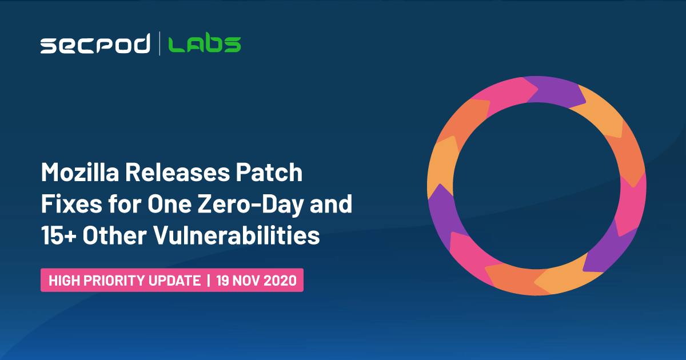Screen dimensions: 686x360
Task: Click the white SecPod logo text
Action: [95, 43]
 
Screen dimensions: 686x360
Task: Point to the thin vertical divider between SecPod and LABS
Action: [159, 43]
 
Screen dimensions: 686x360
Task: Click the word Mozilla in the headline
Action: [80, 173]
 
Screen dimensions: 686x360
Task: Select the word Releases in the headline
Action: [177, 173]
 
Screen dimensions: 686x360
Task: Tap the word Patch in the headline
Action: [269, 173]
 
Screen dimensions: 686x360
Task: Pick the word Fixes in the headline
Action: [71, 204]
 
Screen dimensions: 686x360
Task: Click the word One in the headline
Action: [170, 204]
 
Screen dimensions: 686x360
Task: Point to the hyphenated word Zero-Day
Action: [251, 205]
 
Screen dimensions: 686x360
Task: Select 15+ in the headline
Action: [59, 235]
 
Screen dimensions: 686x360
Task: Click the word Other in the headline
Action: [114, 235]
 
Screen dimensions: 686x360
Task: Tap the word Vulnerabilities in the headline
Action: [237, 235]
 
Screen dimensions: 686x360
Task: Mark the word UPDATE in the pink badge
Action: [174, 281]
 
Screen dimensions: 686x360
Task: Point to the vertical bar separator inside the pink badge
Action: [209, 281]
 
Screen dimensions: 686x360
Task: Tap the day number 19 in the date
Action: [222, 281]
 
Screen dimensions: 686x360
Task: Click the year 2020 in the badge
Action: [280, 281]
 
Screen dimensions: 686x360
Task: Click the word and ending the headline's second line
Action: [331, 204]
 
